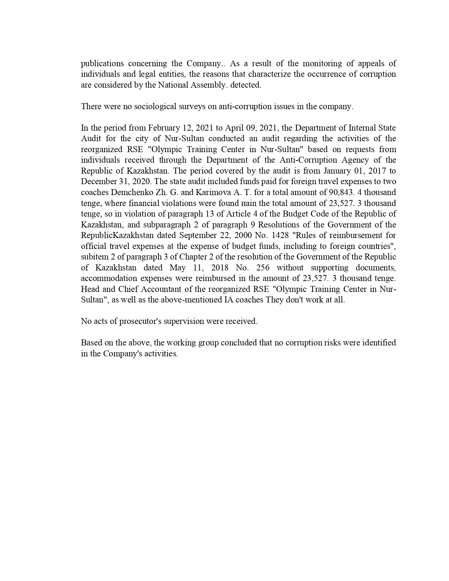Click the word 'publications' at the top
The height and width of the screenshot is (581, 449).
coord(102,64)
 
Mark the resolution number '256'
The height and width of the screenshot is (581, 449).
coord(263,268)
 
